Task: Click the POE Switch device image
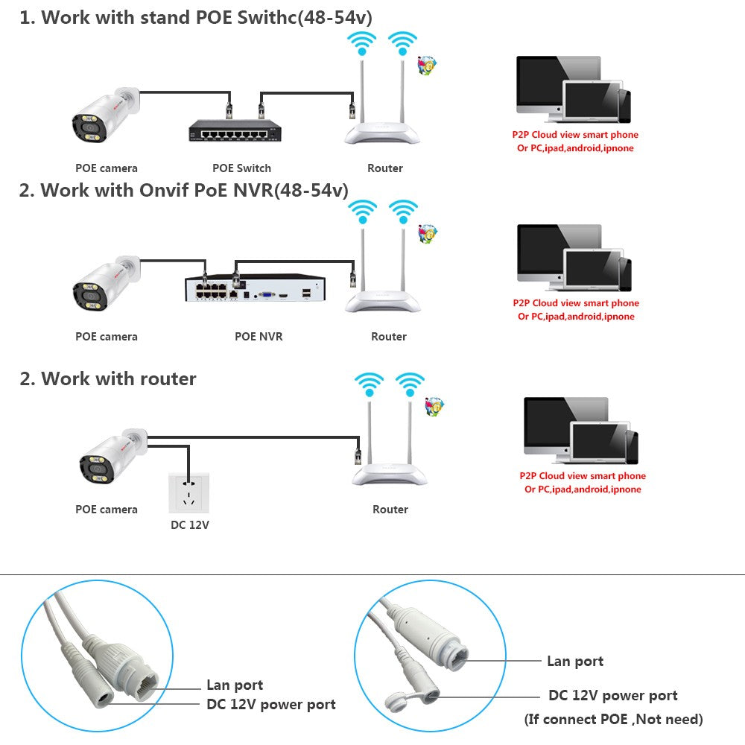[x=232, y=131]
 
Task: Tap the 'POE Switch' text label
[x=242, y=168]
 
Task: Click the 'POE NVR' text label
[x=259, y=337]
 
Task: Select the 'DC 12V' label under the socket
[x=190, y=524]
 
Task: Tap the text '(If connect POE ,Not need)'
[x=614, y=719]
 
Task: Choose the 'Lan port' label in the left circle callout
[x=235, y=685]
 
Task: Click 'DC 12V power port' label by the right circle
[x=613, y=696]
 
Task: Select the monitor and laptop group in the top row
[x=572, y=89]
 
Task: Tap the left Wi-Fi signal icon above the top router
[x=362, y=43]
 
